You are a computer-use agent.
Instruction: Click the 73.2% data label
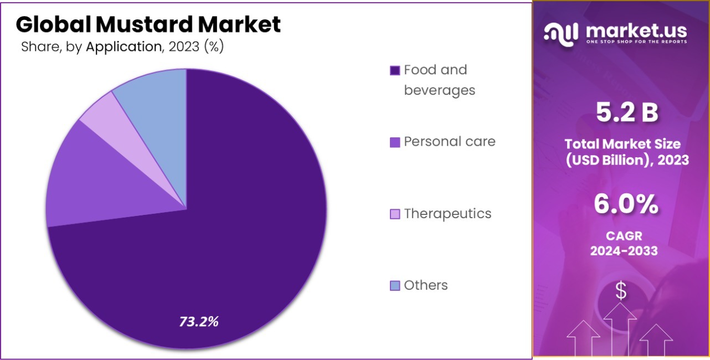click(199, 321)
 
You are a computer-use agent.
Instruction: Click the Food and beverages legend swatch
click(395, 70)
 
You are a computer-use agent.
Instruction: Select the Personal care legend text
click(449, 141)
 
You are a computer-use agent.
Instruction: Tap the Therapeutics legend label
click(447, 213)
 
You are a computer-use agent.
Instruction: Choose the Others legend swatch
click(395, 286)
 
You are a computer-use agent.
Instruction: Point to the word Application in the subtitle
click(123, 47)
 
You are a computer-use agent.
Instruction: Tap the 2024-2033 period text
click(624, 251)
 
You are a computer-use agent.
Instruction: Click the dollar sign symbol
click(621, 291)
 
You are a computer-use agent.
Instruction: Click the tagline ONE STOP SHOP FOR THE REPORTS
click(636, 42)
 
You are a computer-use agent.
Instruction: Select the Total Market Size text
click(622, 144)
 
